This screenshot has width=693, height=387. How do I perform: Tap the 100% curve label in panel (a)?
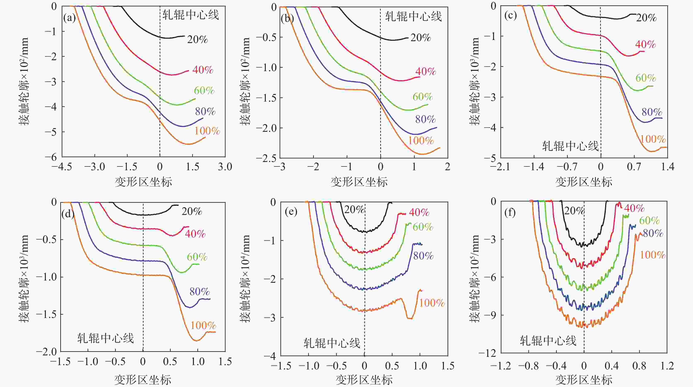pyautogui.click(x=207, y=131)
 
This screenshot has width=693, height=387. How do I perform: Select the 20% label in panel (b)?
pyautogui.click(x=420, y=38)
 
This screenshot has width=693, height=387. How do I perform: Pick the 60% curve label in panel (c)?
pyautogui.click(x=646, y=78)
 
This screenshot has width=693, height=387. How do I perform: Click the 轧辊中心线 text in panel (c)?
pyautogui.click(x=570, y=146)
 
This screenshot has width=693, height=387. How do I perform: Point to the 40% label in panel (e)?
pyautogui.click(x=419, y=212)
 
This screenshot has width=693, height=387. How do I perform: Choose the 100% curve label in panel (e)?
pyautogui.click(x=432, y=303)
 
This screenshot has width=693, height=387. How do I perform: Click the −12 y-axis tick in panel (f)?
pyautogui.click(x=489, y=353)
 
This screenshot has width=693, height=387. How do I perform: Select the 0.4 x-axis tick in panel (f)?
pyautogui.click(x=611, y=366)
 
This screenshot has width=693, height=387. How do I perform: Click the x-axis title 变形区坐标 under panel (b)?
pyautogui.click(x=359, y=182)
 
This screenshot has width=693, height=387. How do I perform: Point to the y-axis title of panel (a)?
pyautogui.click(x=24, y=81)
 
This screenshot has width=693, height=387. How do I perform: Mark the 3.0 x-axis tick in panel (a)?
pyautogui.click(x=225, y=167)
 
